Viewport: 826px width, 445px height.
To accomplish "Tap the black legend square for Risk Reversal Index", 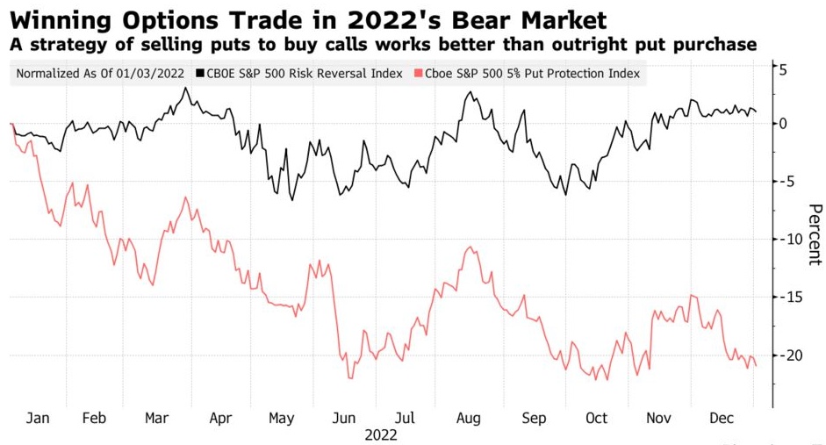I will point(201,74).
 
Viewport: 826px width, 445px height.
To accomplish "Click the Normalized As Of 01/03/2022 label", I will point(101,74).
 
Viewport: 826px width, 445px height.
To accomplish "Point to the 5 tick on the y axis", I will point(782,70).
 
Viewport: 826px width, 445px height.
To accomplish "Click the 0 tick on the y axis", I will point(782,123).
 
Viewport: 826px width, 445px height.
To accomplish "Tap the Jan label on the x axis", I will point(38,418).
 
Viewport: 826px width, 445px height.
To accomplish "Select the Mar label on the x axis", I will point(157,418).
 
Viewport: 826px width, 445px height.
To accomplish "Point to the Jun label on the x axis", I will point(345,418).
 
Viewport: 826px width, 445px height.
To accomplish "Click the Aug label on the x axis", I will point(468,418).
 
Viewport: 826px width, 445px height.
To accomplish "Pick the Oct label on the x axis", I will point(596,418).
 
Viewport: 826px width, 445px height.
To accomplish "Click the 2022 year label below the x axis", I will point(380,434).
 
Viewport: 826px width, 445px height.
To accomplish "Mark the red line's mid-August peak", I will point(472,248).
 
